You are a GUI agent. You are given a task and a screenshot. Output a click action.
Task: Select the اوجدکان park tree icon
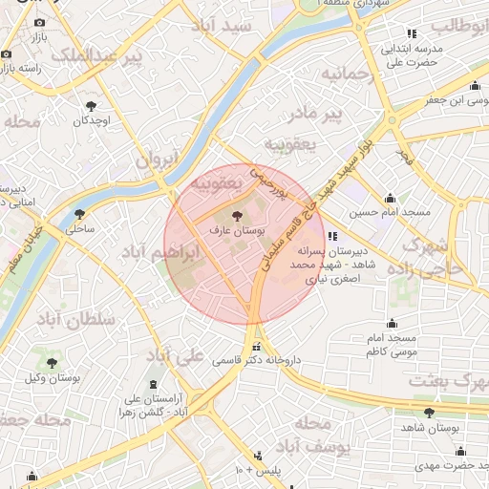[92, 107]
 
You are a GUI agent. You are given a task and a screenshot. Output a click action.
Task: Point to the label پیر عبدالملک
[96, 57]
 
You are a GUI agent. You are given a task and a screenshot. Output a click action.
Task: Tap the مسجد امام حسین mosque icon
[389, 199]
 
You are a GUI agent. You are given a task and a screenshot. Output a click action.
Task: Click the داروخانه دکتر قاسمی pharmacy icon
[255, 347]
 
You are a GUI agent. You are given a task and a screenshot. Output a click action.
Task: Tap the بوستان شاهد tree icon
[429, 413]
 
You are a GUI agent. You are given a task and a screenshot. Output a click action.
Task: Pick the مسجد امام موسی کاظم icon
[392, 324]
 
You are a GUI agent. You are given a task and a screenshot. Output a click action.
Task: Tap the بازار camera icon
[39, 22]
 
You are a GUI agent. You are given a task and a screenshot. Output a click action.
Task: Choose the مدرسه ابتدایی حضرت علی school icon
[412, 33]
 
